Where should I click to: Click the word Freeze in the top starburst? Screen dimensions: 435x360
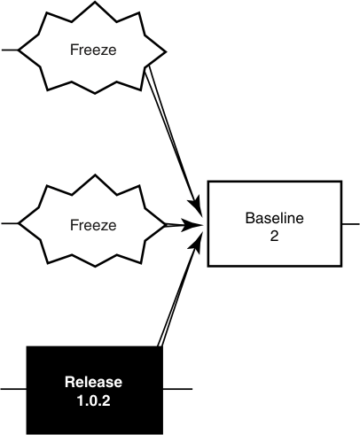click(x=93, y=50)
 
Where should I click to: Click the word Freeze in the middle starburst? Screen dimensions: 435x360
click(x=93, y=225)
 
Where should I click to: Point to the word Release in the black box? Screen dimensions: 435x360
click(x=93, y=382)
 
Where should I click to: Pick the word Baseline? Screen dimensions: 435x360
click(x=273, y=216)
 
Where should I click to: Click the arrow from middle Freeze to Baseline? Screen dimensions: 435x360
click(x=182, y=225)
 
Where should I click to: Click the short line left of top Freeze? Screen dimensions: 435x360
click(x=10, y=50)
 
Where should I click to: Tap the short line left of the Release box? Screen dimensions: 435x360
click(x=13, y=390)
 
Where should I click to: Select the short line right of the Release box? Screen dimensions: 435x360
click(x=176, y=390)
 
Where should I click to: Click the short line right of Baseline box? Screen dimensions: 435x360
click(x=349, y=224)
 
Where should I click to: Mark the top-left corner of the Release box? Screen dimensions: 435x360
click(x=27, y=346)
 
